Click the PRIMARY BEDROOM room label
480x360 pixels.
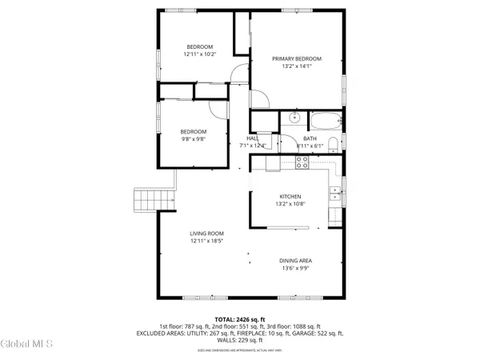pos(296,58)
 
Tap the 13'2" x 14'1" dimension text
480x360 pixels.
pos(296,66)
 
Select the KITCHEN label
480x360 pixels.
pos(289,196)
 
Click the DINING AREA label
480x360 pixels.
pos(296,261)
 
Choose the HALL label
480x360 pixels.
pos(253,138)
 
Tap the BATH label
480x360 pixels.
pos(309,138)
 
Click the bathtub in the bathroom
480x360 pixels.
pos(324,122)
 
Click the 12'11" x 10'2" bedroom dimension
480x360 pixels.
pos(199,54)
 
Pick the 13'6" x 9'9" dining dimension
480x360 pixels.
pos(296,269)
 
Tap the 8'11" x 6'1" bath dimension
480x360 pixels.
pos(309,146)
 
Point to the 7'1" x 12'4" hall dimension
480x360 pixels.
pos(253,146)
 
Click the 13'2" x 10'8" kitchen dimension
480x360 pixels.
pos(289,204)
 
